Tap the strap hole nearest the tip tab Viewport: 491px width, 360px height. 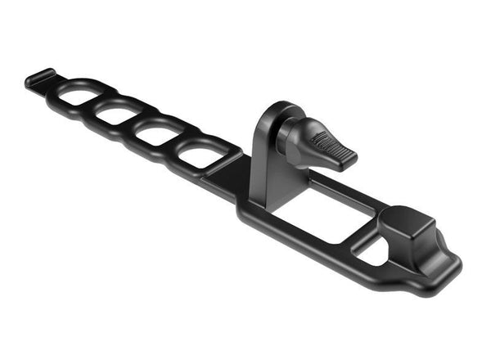tap(79, 97)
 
